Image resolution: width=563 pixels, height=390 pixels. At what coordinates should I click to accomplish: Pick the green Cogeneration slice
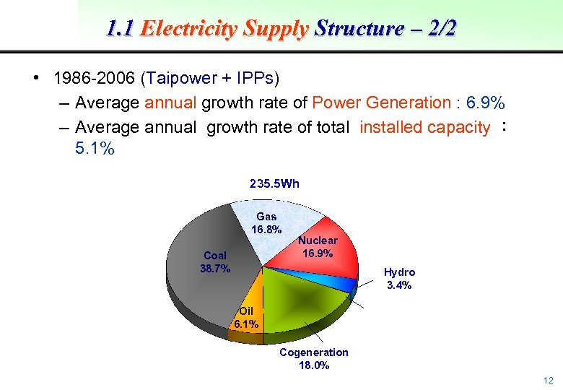coord(303,296)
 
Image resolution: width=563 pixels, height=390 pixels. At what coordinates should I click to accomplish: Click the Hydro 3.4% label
coord(399,279)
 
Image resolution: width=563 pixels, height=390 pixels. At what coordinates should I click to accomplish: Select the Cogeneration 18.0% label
coord(313,358)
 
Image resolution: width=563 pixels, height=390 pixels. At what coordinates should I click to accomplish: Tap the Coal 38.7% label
coord(215,261)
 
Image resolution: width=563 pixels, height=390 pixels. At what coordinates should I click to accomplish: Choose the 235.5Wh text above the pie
coord(274,183)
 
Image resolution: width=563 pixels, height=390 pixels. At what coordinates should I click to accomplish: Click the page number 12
coord(548,381)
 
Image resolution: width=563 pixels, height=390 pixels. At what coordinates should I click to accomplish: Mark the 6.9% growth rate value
coord(489,103)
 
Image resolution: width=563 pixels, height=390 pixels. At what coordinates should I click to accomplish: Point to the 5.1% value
coord(94,149)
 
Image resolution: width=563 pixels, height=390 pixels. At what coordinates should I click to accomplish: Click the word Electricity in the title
coord(189,29)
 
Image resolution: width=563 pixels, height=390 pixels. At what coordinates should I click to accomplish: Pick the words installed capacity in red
coord(424,128)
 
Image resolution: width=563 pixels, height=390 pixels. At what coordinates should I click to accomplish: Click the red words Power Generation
coord(380,103)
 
